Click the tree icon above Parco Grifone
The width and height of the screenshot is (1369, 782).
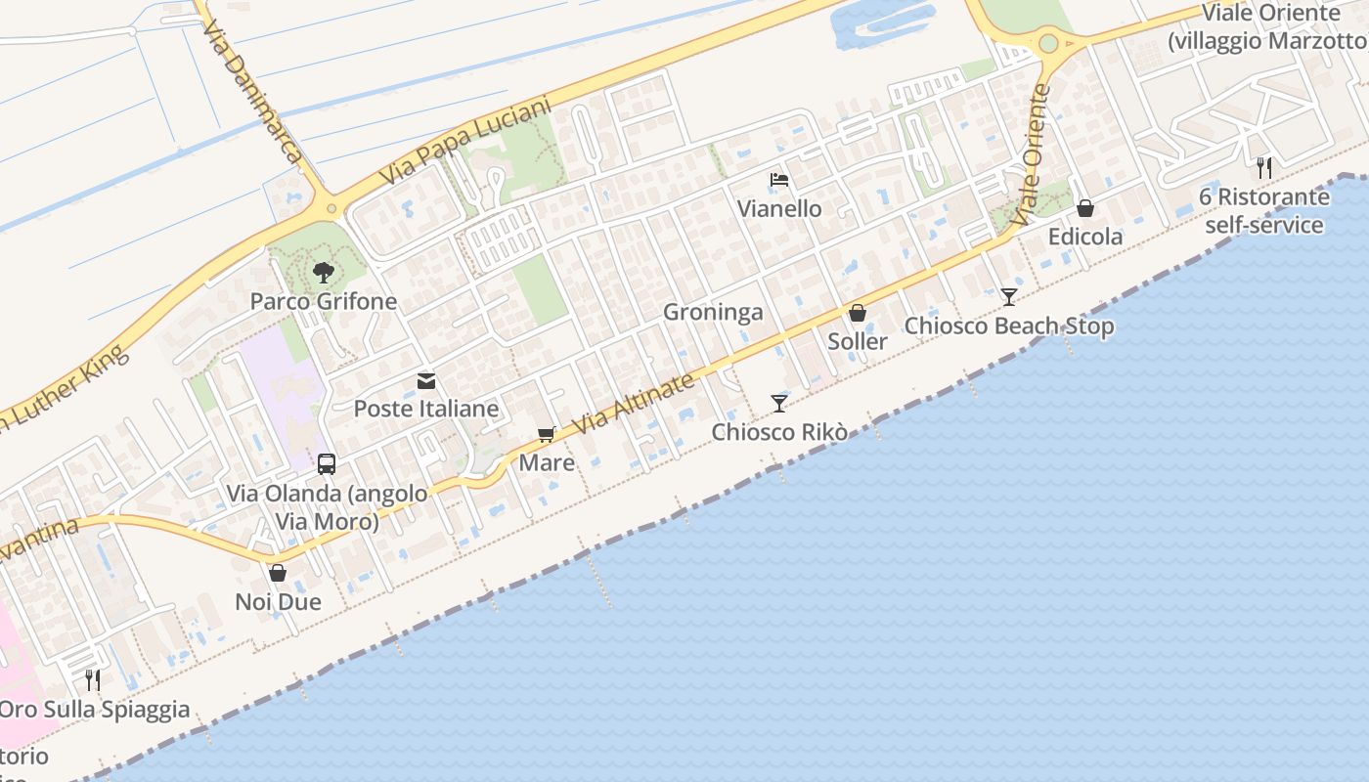(x=323, y=273)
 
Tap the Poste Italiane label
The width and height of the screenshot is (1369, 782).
(x=426, y=409)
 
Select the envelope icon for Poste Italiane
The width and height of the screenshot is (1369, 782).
(x=426, y=381)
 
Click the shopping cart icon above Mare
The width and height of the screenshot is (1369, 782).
(x=547, y=435)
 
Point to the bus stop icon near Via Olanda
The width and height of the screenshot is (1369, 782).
(x=327, y=464)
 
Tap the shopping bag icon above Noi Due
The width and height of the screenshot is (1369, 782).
(x=278, y=573)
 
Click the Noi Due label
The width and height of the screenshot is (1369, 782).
(x=278, y=601)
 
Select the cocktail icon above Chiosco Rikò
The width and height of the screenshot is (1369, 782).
(x=778, y=403)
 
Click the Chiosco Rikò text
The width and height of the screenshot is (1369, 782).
(x=778, y=432)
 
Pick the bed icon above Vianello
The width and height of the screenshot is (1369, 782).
(x=779, y=180)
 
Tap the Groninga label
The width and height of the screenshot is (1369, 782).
(x=713, y=313)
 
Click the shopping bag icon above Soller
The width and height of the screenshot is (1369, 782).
(x=858, y=314)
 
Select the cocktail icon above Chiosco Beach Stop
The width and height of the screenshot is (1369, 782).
(x=1009, y=296)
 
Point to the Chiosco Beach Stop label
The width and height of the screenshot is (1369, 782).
(x=1009, y=326)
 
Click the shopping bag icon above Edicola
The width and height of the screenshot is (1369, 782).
(x=1085, y=208)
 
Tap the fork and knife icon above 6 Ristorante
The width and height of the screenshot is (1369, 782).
(x=1264, y=167)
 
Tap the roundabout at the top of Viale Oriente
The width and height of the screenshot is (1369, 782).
(x=1048, y=43)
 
